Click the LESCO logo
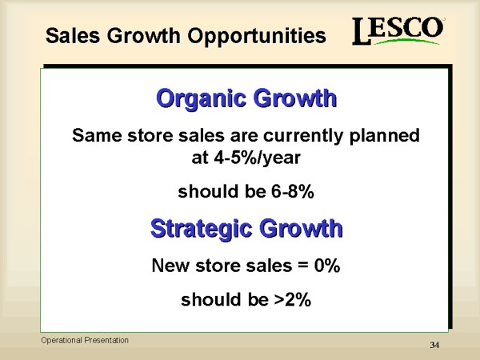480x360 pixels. tap(398, 31)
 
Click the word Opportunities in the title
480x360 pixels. tap(257, 37)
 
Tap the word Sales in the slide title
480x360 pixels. tap(73, 35)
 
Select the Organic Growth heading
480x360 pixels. tap(246, 99)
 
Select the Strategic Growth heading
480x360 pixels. tap(246, 229)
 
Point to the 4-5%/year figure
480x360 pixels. tap(257, 158)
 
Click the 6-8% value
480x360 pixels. tap(292, 192)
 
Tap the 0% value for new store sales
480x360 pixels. tap(327, 265)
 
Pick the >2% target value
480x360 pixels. tap(293, 299)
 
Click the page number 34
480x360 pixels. tap(434, 345)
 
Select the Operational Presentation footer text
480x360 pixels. tap(85, 341)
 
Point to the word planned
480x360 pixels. tap(384, 136)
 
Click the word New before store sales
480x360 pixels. tap(170, 265)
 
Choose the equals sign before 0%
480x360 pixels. tap(302, 265)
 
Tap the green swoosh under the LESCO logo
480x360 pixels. tap(407, 42)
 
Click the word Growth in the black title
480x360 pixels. tap(143, 35)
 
